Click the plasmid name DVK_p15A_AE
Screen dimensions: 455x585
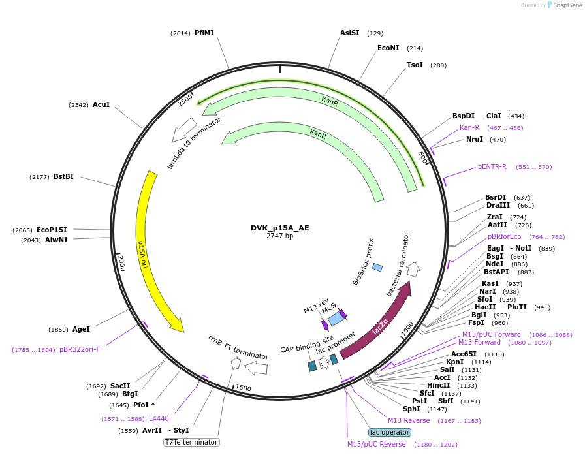(x=279, y=228)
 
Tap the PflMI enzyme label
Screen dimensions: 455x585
(x=204, y=33)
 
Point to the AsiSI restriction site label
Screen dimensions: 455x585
(x=349, y=33)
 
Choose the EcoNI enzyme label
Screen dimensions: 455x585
(x=388, y=48)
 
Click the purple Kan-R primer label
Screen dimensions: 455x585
(x=469, y=127)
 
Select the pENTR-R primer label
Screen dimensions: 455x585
(x=492, y=166)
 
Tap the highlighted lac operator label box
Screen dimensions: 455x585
(x=390, y=432)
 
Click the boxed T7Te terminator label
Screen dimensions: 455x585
(x=191, y=442)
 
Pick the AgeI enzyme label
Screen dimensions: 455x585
(x=81, y=329)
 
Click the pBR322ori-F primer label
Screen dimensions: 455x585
(x=80, y=349)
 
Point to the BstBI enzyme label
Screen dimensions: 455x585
(x=63, y=176)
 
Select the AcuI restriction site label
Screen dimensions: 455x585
(x=101, y=104)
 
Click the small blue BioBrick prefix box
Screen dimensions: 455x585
(x=377, y=267)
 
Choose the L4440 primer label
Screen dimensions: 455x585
(x=159, y=418)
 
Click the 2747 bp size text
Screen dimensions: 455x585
(x=279, y=236)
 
